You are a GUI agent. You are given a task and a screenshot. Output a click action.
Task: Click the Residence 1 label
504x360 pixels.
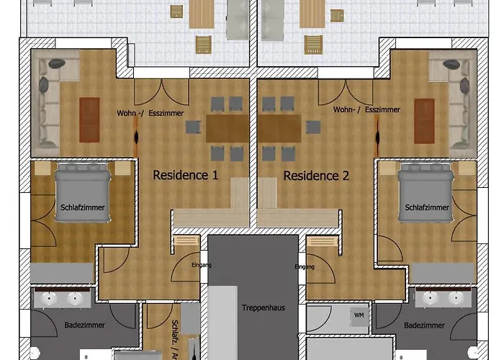[x=185, y=175]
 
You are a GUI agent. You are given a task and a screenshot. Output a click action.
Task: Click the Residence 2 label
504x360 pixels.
[x=316, y=175]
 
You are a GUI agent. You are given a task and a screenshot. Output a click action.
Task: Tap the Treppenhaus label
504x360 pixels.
[x=263, y=307]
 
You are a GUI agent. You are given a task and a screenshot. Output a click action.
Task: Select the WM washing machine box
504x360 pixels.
[x=358, y=315]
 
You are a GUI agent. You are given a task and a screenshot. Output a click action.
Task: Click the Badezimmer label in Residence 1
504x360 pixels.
[x=84, y=325]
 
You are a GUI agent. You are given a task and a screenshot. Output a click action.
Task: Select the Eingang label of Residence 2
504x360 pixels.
[x=305, y=266]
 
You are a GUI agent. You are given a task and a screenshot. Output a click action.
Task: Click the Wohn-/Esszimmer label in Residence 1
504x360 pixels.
[x=150, y=113]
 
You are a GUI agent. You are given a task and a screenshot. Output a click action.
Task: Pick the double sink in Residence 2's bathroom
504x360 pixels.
[x=444, y=297]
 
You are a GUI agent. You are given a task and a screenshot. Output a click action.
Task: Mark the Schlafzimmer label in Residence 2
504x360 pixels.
[x=427, y=207]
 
